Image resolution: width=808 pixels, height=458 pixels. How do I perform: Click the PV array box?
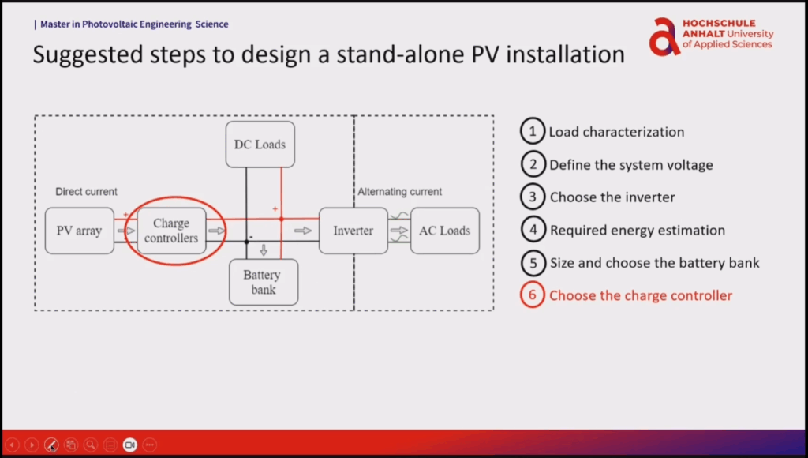80,231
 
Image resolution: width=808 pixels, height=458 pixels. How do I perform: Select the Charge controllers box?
171,231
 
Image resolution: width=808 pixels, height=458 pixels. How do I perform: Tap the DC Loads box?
260,145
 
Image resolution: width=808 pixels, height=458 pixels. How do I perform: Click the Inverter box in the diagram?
353,231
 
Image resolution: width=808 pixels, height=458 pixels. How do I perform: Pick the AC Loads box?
444,231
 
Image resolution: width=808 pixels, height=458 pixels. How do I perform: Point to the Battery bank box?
264,282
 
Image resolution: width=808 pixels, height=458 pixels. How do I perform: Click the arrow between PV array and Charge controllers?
125,231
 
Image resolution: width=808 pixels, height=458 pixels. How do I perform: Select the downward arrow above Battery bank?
264,250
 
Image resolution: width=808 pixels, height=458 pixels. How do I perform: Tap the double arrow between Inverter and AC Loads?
399,231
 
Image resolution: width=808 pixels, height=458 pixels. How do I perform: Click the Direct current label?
86,192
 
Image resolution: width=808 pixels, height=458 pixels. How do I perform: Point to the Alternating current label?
399,192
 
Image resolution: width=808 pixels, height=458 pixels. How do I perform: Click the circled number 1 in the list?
533,132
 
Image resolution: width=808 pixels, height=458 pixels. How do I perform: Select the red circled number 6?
533,295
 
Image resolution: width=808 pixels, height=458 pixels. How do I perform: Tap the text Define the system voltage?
630,165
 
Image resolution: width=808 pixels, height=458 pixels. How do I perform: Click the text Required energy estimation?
637,231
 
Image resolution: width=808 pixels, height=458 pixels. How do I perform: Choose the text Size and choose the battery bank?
654,263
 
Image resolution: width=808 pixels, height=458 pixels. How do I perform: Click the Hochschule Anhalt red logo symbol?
664,37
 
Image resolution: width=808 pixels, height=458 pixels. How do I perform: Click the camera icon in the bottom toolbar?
129,445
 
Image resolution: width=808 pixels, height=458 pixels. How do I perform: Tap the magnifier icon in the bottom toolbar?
91,445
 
